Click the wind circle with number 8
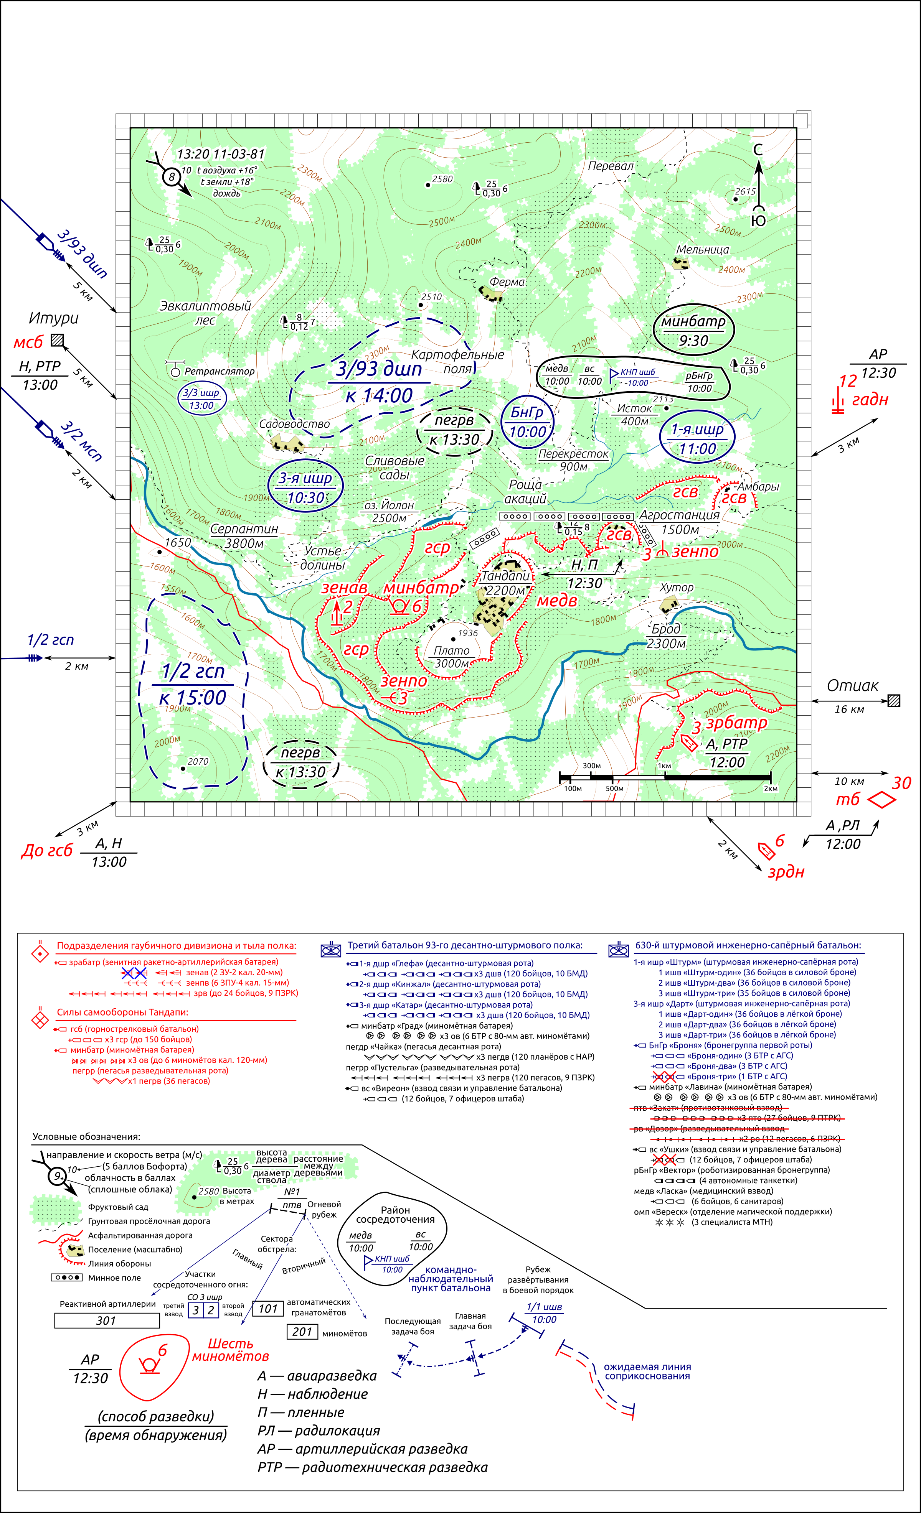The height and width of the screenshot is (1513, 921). (x=172, y=177)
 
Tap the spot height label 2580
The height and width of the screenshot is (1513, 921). (x=442, y=179)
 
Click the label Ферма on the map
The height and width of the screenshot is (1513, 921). (x=507, y=282)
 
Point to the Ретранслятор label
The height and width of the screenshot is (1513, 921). (x=220, y=371)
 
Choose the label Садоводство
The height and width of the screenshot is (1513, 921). (x=294, y=424)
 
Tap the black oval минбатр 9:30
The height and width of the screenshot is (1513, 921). (x=694, y=330)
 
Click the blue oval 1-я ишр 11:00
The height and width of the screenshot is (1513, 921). (x=697, y=439)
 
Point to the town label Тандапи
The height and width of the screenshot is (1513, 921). (x=505, y=576)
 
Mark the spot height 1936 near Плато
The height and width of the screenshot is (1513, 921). (x=467, y=633)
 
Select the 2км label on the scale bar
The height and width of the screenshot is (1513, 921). (x=771, y=789)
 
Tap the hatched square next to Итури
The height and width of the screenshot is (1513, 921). (x=57, y=339)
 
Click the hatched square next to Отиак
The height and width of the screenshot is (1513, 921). (x=894, y=701)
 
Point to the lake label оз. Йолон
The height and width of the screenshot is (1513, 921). (x=389, y=505)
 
